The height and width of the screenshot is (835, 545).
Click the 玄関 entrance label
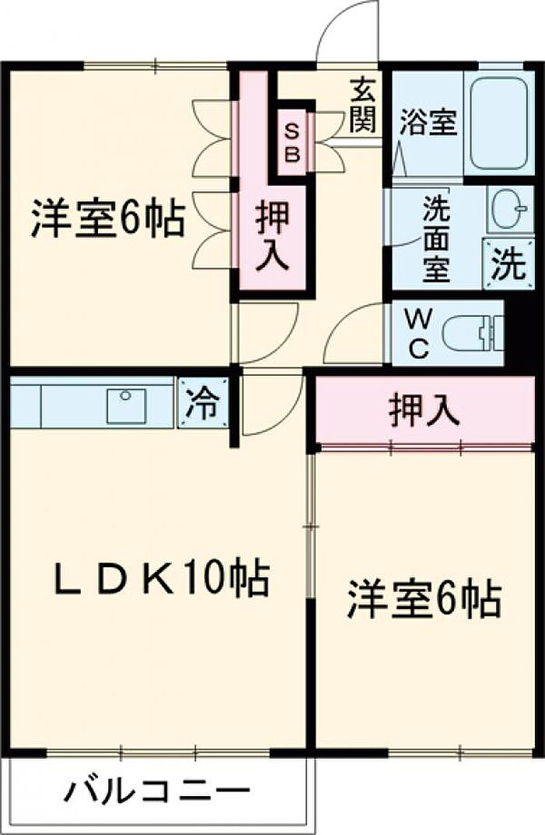pyautogui.click(x=362, y=105)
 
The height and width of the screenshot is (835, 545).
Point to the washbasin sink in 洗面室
pyautogui.click(x=509, y=208)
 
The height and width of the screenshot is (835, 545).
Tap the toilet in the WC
pyautogui.click(x=470, y=335)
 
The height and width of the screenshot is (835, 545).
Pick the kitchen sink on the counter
pyautogui.click(x=126, y=403)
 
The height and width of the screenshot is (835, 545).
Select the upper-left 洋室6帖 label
pyautogui.click(x=107, y=219)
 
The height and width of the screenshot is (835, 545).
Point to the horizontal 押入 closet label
pyautogui.click(x=424, y=411)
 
